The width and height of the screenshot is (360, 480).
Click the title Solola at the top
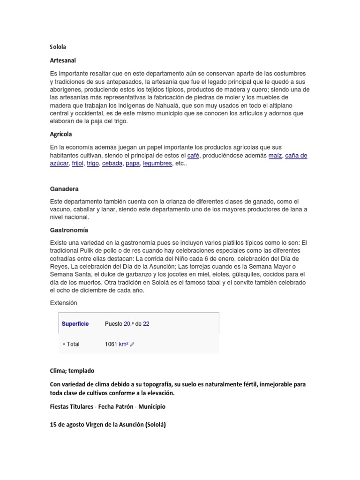(59, 47)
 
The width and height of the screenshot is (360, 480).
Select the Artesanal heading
(63, 60)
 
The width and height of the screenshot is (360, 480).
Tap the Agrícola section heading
(61, 134)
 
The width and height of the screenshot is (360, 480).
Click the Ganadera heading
(64, 189)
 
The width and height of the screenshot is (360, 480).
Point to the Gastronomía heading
(69, 230)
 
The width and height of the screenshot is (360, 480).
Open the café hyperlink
(193, 156)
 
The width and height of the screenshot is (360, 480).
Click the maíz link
(275, 156)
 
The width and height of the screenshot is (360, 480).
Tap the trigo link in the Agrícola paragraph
(93, 164)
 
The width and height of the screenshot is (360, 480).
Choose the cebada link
(112, 164)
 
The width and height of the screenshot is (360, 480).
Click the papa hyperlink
(133, 164)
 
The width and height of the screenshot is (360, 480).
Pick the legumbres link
(157, 164)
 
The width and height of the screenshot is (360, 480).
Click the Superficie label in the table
(75, 324)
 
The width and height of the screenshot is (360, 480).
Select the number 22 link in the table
(146, 324)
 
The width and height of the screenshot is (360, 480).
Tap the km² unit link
(124, 344)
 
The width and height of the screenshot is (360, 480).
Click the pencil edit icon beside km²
(132, 345)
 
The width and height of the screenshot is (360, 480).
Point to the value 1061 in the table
(111, 344)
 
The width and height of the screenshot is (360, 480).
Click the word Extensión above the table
(63, 303)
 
